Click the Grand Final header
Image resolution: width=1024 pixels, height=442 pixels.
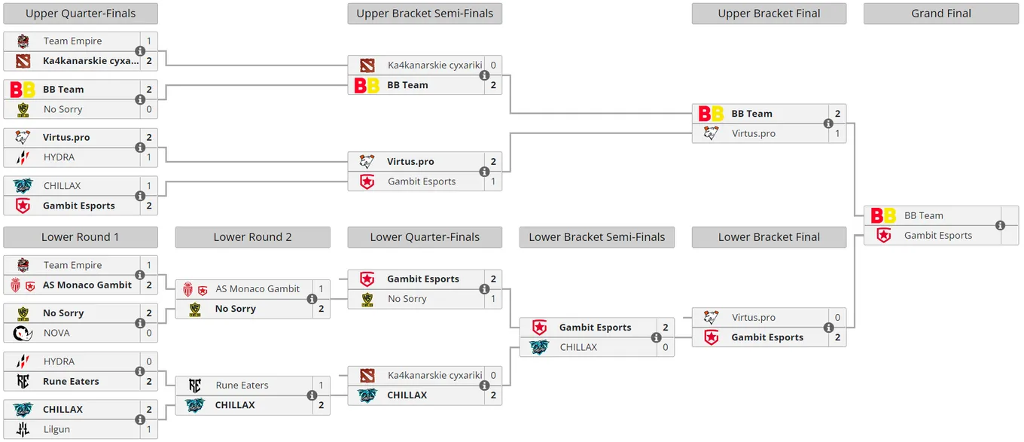coord(941,14)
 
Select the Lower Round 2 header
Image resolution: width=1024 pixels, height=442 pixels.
coord(252,237)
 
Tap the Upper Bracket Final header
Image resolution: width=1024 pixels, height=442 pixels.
coord(769,14)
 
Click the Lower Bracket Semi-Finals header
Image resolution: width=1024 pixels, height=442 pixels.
coord(596,237)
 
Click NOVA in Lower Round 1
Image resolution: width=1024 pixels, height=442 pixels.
coord(56,333)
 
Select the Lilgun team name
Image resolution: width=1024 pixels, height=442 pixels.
coord(56,429)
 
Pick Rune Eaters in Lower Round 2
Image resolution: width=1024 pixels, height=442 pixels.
coord(242,386)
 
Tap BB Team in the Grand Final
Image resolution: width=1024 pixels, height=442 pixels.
coord(923,216)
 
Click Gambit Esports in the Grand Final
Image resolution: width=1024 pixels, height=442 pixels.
coord(938,236)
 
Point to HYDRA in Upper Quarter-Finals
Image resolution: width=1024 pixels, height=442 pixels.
coord(59,157)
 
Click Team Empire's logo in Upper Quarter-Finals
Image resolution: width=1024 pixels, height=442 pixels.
coord(23,41)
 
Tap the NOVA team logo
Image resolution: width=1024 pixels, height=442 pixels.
coord(23,334)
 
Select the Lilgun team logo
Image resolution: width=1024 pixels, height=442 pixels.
coord(23,429)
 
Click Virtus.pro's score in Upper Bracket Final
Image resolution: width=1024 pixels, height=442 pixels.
coord(837,133)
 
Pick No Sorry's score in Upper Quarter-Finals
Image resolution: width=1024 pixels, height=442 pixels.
coord(149,109)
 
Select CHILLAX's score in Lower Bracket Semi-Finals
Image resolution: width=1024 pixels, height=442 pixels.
coord(665,347)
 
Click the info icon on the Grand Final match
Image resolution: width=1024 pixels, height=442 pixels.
coord(1000,225)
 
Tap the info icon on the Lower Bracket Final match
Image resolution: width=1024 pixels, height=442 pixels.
coord(828,328)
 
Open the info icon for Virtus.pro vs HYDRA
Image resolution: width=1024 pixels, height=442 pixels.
coord(140,148)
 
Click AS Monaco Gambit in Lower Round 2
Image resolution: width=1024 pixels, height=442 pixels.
coord(258,289)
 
